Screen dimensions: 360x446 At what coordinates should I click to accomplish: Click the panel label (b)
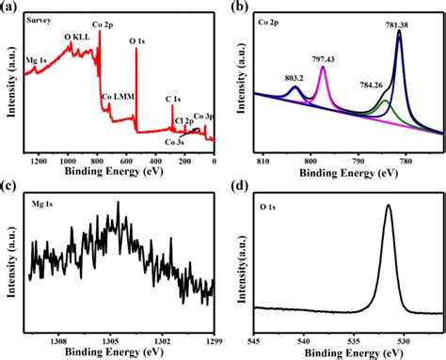pos(240,8)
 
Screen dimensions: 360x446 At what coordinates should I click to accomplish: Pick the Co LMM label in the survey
pos(121,97)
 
